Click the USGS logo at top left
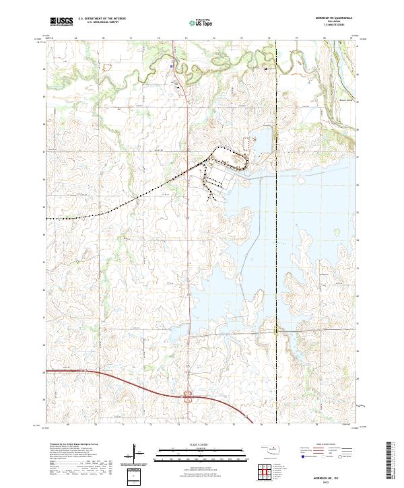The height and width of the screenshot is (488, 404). point(61,22)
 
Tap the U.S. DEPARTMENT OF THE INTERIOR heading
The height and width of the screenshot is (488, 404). point(101,19)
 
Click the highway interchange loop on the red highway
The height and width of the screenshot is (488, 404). point(187,397)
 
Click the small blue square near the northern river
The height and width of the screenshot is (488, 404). point(172,66)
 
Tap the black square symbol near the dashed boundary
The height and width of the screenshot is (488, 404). point(266,69)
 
